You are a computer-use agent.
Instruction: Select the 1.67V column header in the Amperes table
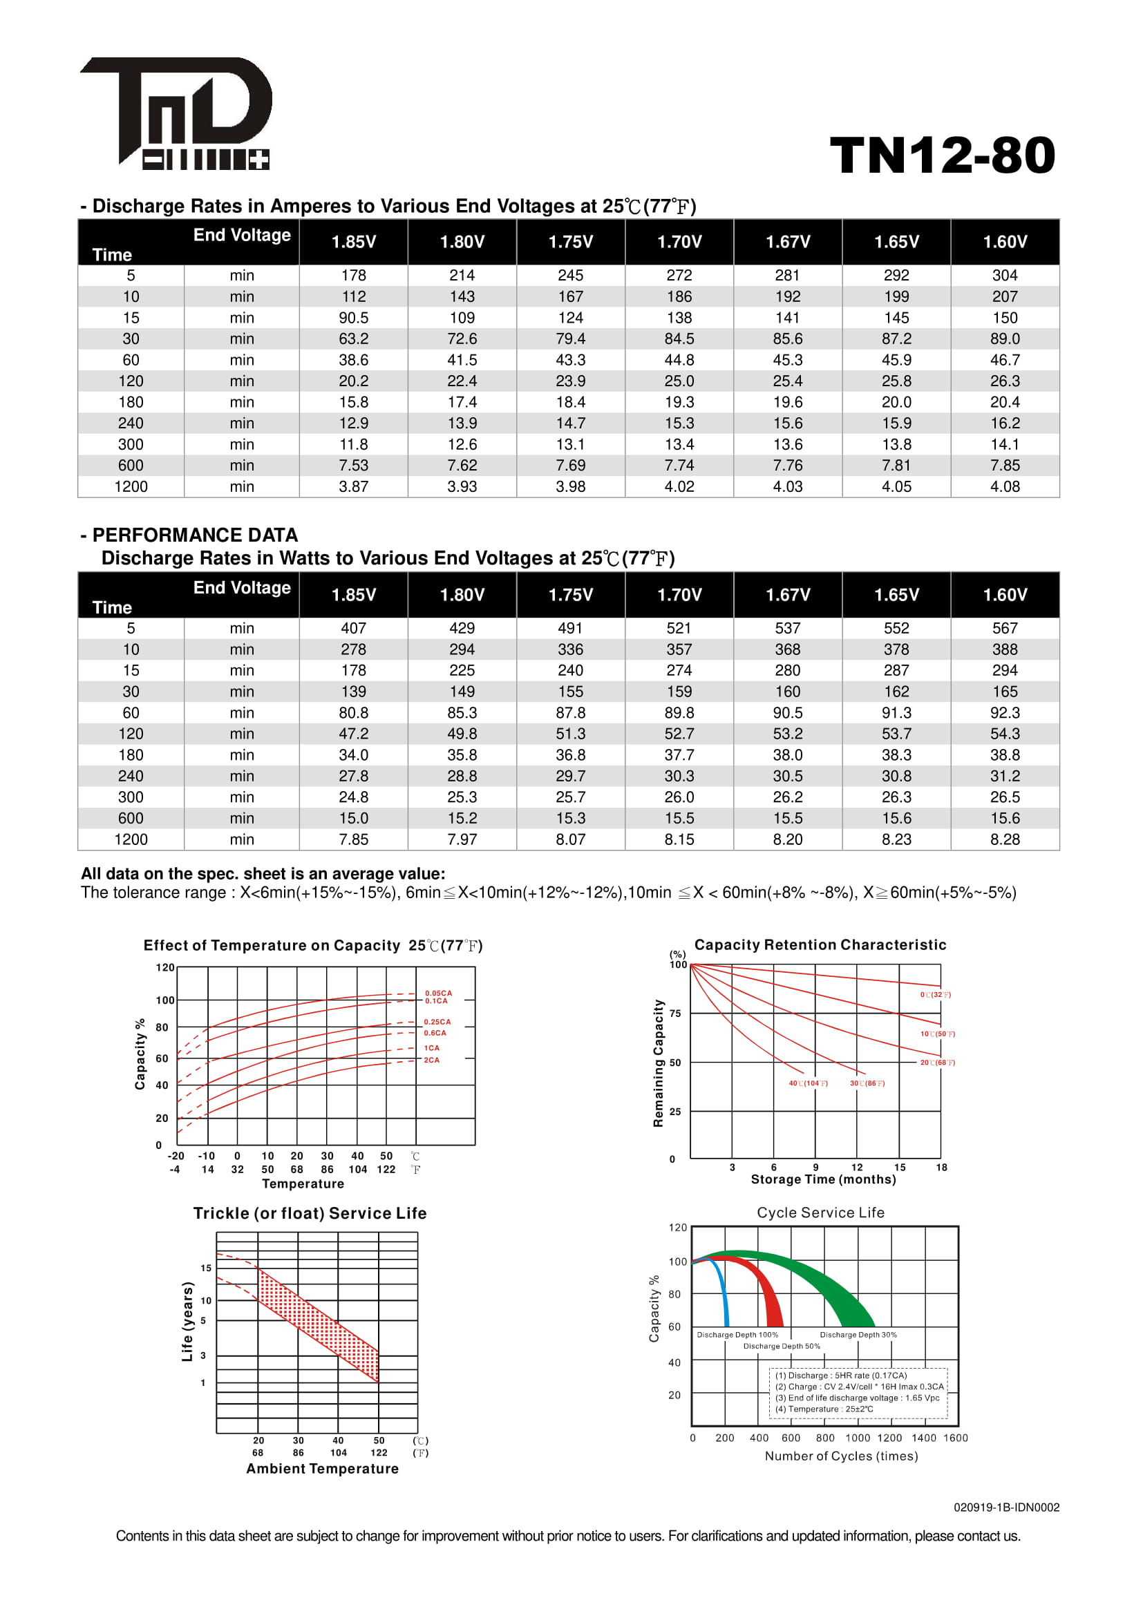[x=788, y=242]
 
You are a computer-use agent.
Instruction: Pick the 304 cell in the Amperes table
[x=1004, y=275]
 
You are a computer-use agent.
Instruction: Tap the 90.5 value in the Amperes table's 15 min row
[x=353, y=317]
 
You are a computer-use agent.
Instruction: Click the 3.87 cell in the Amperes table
[x=353, y=486]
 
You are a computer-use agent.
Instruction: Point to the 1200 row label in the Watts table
[x=131, y=839]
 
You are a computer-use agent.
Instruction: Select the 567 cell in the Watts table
[x=1004, y=628]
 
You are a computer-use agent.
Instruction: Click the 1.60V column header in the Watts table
[x=1004, y=595]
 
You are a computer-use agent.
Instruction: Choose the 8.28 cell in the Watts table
[x=1004, y=839]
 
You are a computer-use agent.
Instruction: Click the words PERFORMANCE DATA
[x=195, y=535]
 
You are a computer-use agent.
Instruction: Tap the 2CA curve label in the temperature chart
[x=431, y=1060]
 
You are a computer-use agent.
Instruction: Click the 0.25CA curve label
[x=437, y=1022]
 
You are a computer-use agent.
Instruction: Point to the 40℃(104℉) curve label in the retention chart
[x=808, y=1083]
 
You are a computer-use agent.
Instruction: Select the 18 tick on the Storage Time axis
[x=941, y=1168]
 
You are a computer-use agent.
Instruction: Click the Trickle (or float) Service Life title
[x=310, y=1213]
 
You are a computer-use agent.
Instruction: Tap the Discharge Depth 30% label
[x=858, y=1335]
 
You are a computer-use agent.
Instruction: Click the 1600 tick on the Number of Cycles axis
[x=955, y=1438]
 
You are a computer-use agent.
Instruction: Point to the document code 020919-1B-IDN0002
[x=1005, y=1507]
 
